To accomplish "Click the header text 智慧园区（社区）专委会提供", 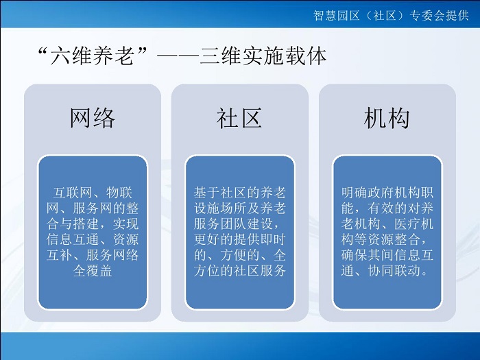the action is coord(391,15).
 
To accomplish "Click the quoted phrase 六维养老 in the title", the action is coord(92,56).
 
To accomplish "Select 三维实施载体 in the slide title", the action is coord(263,56).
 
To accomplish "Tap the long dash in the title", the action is coord(178,56).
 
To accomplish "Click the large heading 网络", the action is coord(93,118).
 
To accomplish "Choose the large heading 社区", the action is coord(239,118).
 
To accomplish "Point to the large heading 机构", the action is coord(387,118).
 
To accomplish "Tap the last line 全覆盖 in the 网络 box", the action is coord(93,271).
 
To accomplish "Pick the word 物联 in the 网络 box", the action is coord(119,193).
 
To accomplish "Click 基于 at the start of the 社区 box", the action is coord(206,193).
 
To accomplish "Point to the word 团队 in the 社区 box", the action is coord(233,224).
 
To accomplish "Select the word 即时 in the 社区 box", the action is coord(273,239).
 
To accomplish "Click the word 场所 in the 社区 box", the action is coord(233,208).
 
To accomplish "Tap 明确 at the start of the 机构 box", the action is coord(355,193).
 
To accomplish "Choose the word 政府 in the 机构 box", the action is coord(381,193).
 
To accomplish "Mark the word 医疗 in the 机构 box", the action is coord(407,224).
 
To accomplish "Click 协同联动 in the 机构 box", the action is coord(394,271).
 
